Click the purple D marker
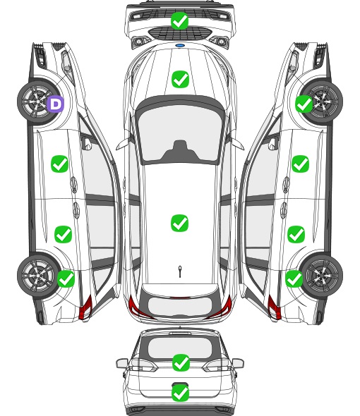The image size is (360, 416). coord(56,104)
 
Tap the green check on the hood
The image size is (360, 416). coord(180,79)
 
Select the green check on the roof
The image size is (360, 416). coord(180,223)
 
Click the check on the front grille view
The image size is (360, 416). coord(180,20)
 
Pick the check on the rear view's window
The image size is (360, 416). coord(181,362)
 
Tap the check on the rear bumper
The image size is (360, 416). coord(181,393)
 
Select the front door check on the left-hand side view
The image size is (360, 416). coord(60,164)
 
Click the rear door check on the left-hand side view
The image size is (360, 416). coord(64,234)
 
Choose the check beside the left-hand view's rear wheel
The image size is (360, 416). coord(66,279)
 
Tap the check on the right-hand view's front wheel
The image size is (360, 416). coord(304,104)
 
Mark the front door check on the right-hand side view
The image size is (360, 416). coord(300,164)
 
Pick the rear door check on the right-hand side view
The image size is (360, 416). coord(296,234)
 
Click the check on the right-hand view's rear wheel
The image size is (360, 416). coord(294,279)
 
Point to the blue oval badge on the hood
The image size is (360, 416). coord(180,46)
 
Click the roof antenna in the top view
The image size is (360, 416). coord(180,271)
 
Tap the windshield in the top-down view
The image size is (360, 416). coord(180,133)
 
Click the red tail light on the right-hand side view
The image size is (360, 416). coord(274,307)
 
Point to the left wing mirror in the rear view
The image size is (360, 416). coord(122,363)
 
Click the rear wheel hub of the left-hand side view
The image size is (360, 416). coord(37,275)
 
